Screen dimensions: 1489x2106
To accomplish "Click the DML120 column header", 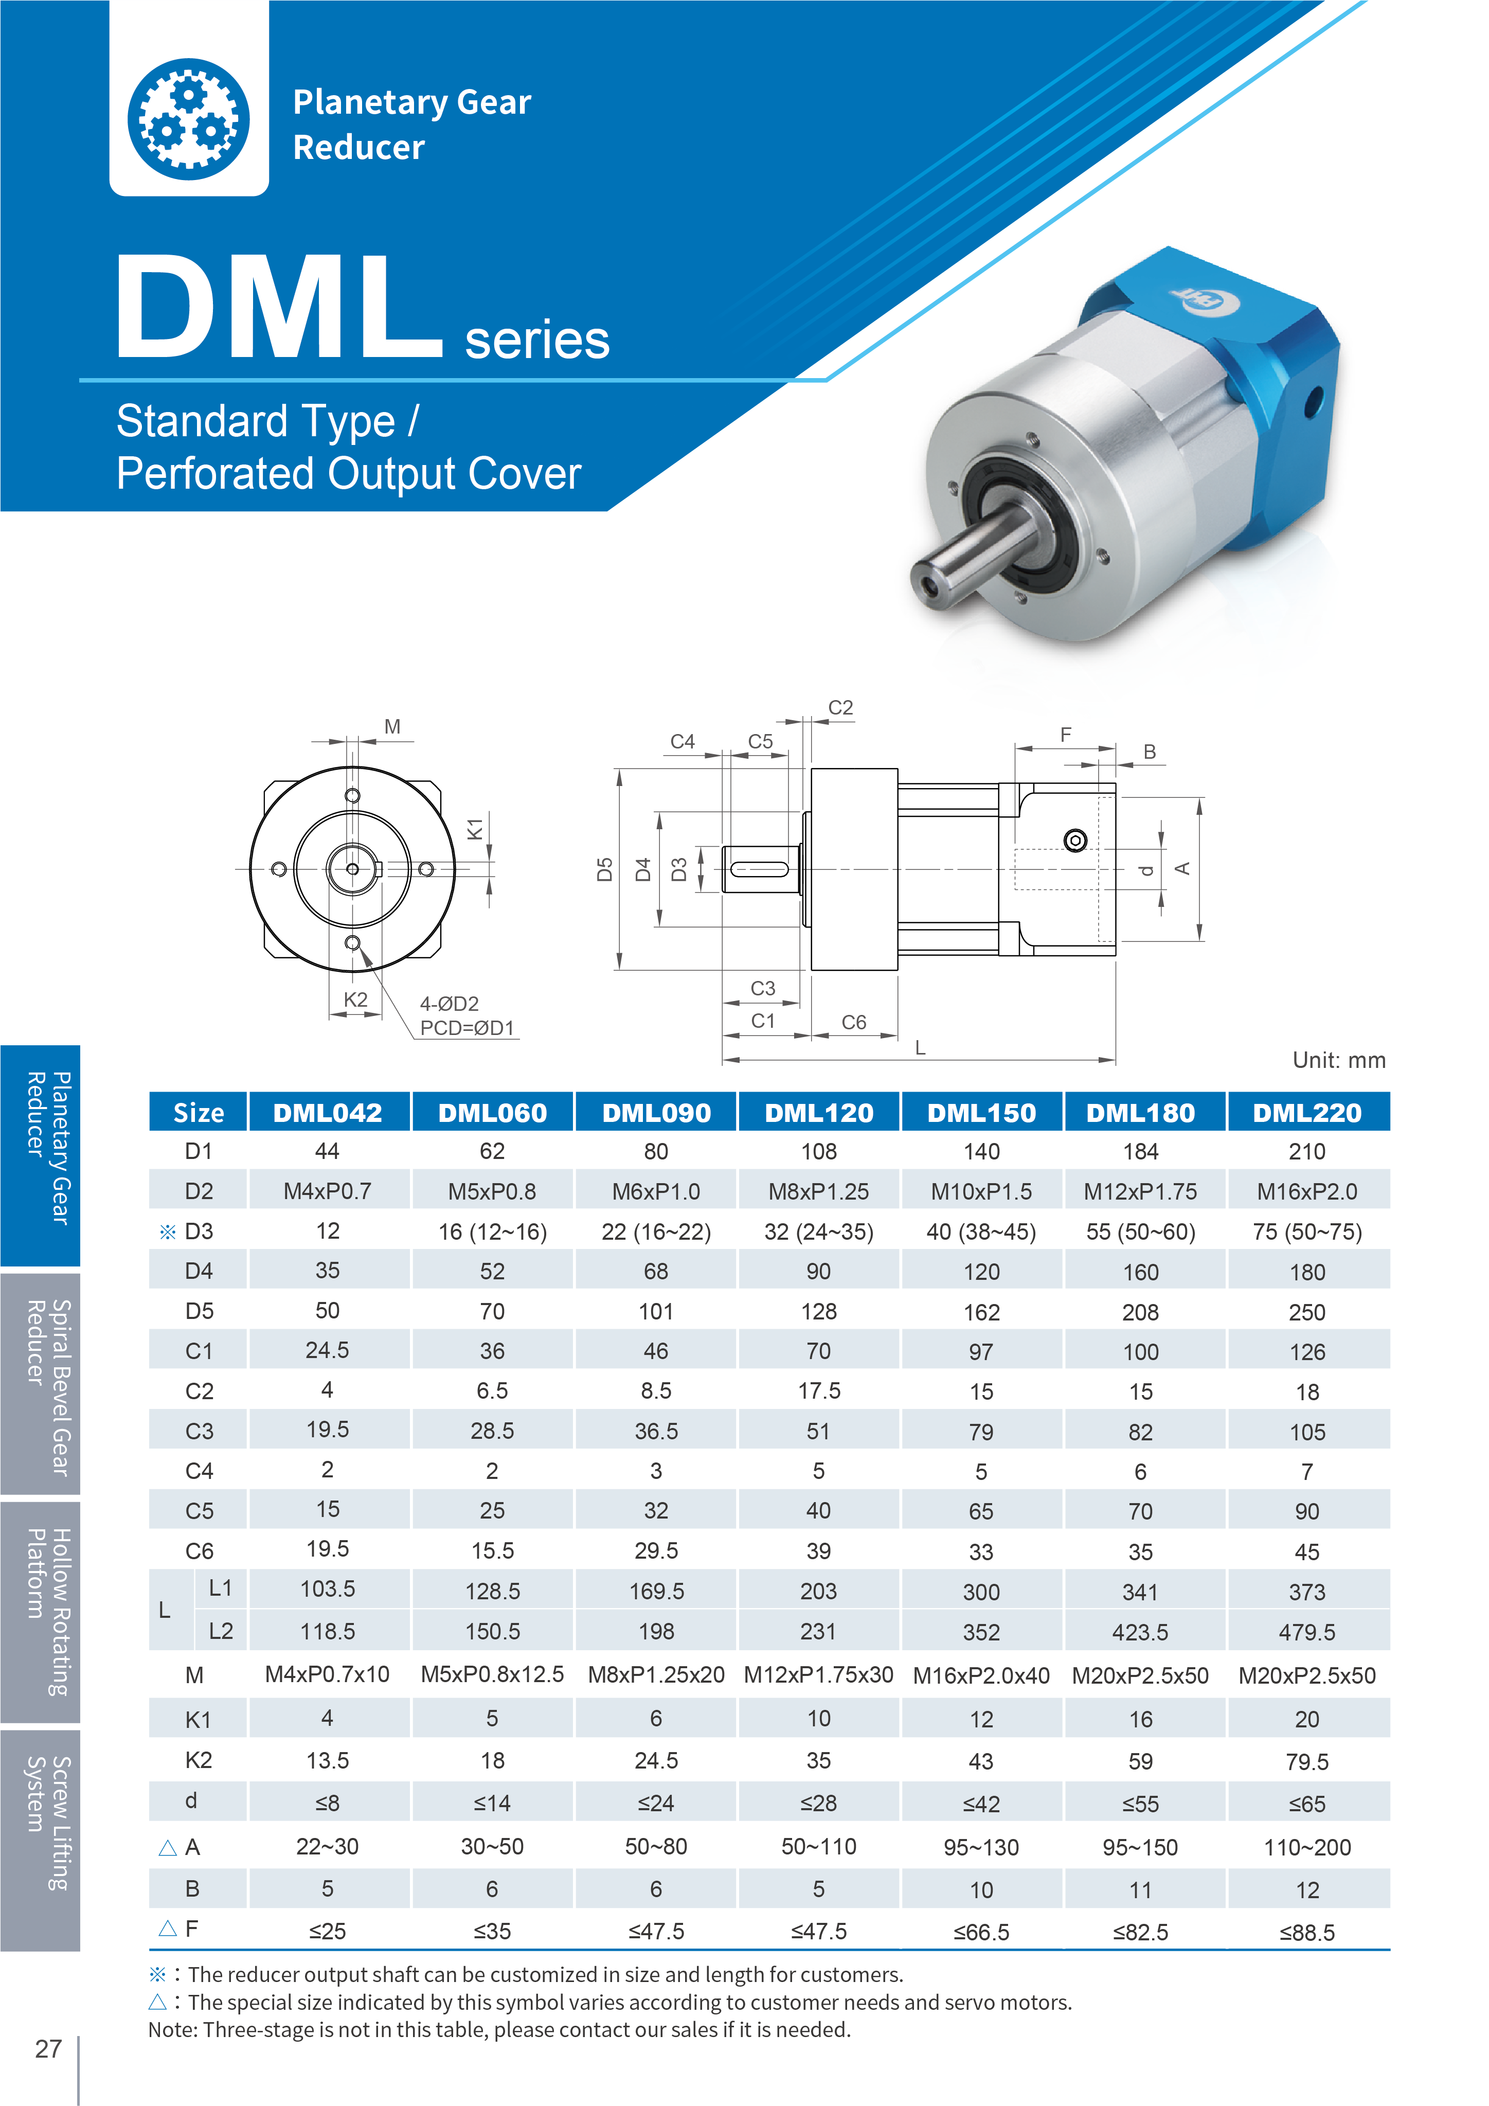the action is (819, 1113).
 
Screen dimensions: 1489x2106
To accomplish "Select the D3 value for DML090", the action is (656, 1232).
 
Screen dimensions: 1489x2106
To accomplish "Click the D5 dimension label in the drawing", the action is (604, 869).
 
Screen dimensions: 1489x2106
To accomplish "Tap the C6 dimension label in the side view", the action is (854, 1022).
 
